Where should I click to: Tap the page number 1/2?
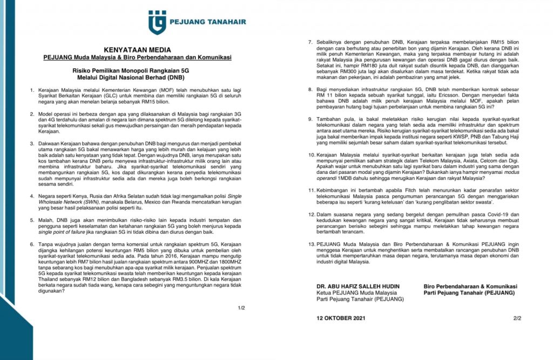(x=241, y=308)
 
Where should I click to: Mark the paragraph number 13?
(x=311, y=244)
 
